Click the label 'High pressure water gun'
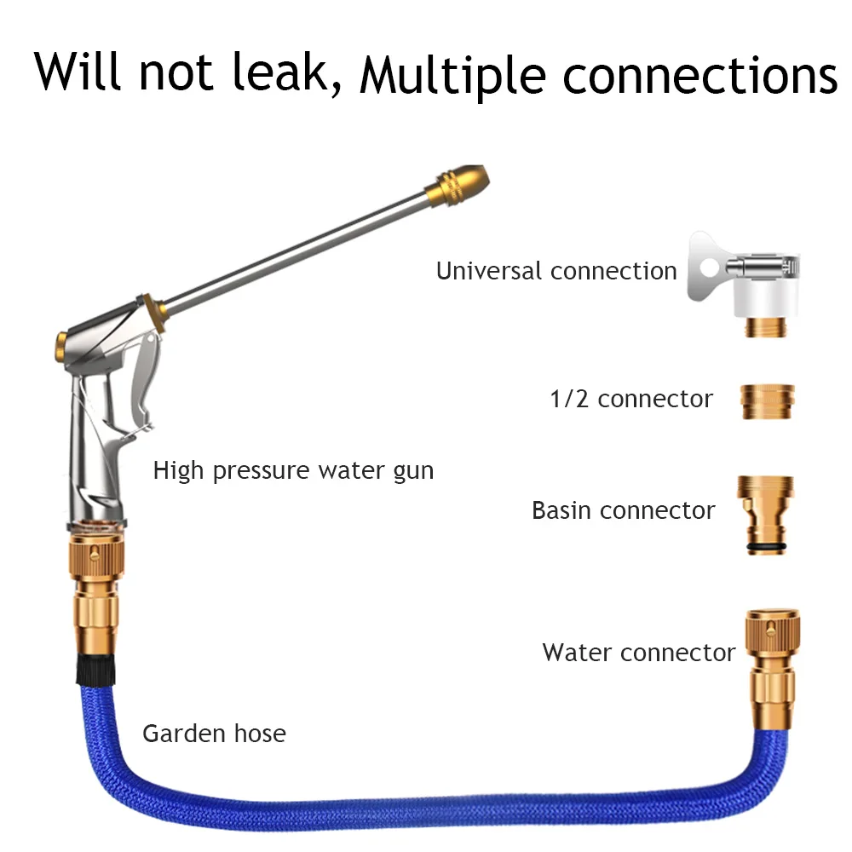tap(293, 469)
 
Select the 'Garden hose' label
tap(214, 733)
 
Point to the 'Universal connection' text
tap(556, 271)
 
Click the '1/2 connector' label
tap(631, 399)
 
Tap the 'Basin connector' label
tap(623, 510)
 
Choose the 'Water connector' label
tap(639, 653)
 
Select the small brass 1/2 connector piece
tap(767, 401)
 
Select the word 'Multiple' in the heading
tap(452, 75)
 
